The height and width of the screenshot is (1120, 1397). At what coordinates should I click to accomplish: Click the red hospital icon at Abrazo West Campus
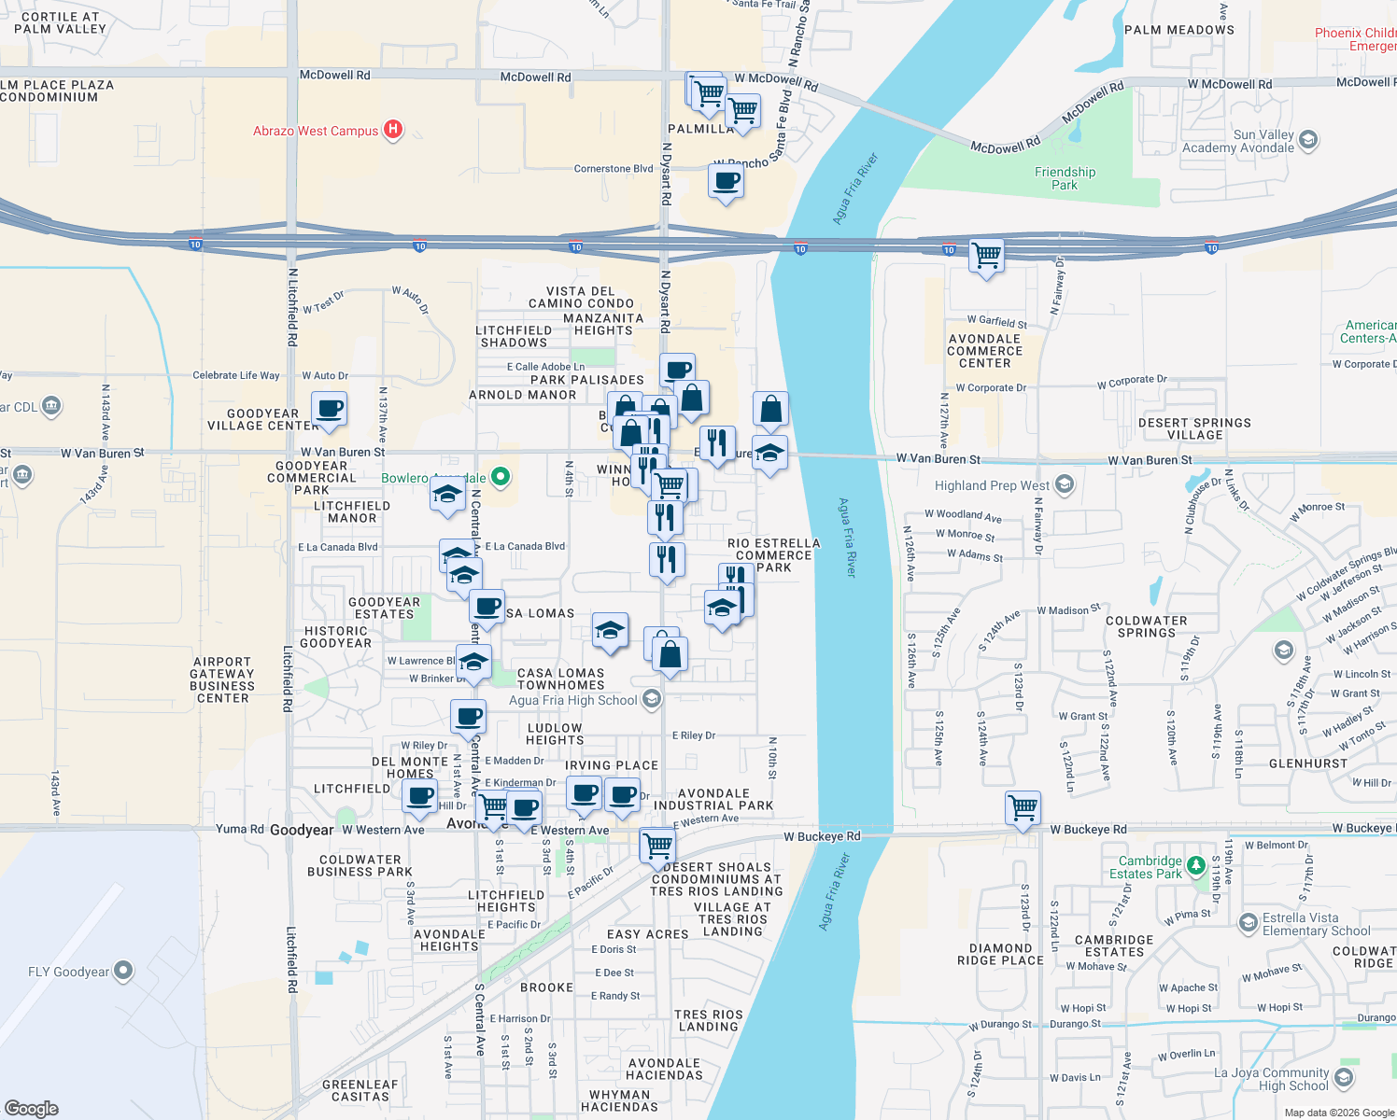[393, 130]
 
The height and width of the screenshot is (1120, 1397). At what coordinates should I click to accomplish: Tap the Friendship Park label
[1065, 178]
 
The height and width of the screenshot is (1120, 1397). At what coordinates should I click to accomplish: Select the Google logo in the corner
[32, 1108]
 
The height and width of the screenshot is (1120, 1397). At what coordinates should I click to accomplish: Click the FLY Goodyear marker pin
[123, 972]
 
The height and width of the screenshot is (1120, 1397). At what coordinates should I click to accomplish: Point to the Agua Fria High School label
[572, 700]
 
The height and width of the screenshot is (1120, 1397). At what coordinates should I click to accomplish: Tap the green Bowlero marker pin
[501, 477]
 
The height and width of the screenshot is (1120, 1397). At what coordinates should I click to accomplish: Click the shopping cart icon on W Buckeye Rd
[1023, 807]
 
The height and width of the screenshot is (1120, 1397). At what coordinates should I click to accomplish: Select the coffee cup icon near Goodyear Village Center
[329, 409]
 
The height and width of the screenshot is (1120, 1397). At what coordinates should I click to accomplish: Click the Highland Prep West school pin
[1064, 484]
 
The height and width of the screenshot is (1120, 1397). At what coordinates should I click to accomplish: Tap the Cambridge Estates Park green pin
[1195, 867]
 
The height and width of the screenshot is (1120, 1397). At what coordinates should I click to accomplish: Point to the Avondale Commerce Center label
[984, 351]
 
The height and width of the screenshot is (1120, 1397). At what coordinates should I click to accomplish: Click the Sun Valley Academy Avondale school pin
[1308, 140]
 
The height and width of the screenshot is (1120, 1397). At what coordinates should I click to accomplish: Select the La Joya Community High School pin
[1344, 1078]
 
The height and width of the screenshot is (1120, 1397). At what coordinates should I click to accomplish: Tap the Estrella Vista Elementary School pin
[1248, 924]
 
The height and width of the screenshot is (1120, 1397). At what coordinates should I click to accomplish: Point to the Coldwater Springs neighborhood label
[1146, 626]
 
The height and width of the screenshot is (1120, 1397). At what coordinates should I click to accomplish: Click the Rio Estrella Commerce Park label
[773, 554]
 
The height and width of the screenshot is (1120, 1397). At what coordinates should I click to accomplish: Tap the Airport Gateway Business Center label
[222, 679]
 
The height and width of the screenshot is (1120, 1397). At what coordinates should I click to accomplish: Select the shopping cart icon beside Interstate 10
[986, 255]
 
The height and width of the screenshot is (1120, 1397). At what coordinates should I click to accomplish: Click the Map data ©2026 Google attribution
[1338, 1113]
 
